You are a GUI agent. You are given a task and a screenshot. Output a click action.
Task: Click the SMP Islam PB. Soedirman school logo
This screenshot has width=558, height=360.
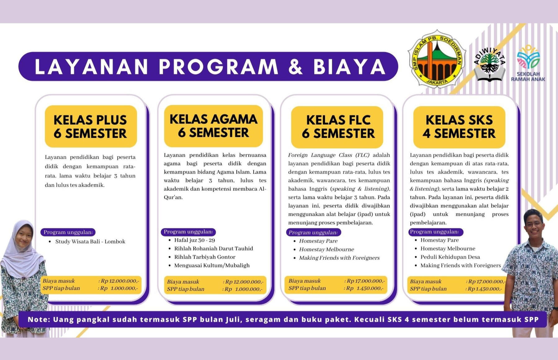437,59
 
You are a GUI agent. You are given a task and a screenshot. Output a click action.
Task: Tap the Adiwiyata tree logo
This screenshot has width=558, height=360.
489,64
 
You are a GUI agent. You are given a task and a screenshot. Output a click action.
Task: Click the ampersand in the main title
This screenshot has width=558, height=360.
295,67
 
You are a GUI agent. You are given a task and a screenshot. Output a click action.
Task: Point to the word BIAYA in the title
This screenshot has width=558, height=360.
349,67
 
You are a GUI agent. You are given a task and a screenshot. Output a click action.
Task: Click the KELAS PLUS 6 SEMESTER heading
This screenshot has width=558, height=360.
91,127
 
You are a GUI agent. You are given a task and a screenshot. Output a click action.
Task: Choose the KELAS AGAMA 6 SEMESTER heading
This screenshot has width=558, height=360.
213,126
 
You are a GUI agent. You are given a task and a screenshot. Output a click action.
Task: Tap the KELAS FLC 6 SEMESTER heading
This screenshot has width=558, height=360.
338,127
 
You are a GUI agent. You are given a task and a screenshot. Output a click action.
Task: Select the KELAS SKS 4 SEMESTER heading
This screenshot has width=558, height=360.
459,127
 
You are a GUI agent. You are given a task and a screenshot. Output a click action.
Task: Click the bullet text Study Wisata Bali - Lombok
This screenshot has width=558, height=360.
90,242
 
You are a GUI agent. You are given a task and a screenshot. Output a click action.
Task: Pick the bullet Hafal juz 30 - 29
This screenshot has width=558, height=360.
194,240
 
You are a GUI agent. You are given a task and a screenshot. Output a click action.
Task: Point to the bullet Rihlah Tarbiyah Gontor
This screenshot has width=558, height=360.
205,257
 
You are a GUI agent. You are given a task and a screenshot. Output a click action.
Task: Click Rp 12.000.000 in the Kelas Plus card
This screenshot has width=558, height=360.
120,281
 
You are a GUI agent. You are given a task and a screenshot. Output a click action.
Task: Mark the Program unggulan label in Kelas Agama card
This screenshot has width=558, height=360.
188,232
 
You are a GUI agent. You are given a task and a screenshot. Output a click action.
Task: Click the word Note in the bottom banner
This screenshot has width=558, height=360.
38,320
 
